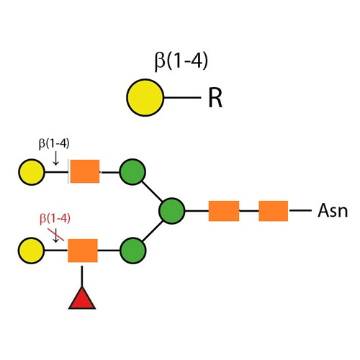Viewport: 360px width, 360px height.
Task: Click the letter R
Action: click(x=215, y=98)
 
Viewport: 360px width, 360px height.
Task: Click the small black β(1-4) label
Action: click(x=54, y=143)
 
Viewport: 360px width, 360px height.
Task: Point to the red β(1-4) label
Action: click(x=55, y=218)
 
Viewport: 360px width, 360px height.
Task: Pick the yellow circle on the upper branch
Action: click(x=31, y=173)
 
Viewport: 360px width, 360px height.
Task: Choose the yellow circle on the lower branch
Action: click(x=31, y=251)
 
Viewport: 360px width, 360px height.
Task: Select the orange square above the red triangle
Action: click(x=83, y=251)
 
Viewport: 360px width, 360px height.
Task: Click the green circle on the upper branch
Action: click(x=132, y=173)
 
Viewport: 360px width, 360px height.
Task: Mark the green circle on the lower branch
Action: click(x=132, y=251)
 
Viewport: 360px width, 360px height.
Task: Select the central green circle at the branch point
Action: click(x=171, y=211)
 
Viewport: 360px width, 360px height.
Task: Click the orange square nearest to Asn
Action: click(x=273, y=211)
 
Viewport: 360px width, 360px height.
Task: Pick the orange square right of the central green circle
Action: click(x=223, y=211)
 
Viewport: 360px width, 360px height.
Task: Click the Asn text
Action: click(x=332, y=211)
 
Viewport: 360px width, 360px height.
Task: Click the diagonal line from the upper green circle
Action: click(x=152, y=192)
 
